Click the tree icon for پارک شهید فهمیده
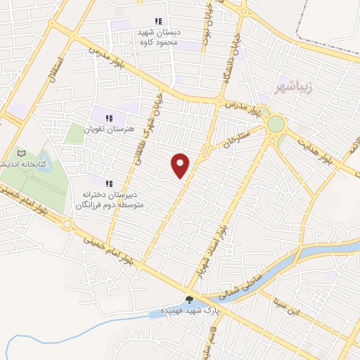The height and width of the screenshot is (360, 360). coord(189,300)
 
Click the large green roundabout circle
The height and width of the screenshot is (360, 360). coord(276,125)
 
